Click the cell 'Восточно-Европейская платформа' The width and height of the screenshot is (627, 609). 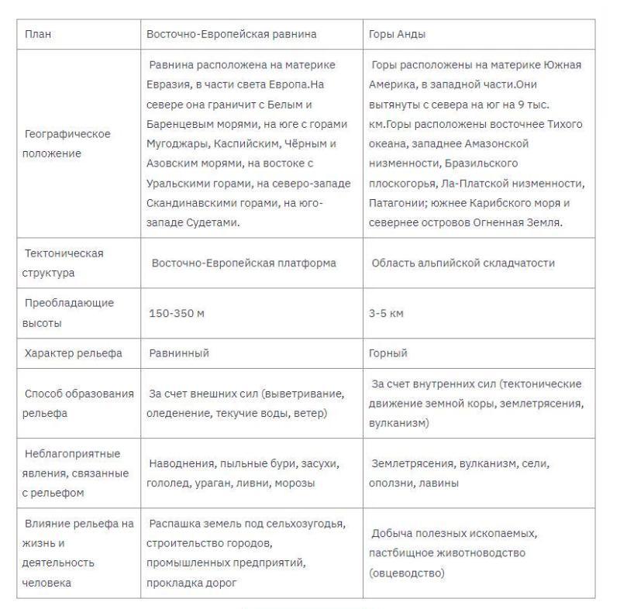coord(243,263)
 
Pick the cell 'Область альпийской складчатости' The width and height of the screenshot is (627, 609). coord(463,263)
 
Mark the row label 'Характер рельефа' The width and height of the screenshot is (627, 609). coord(73,353)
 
